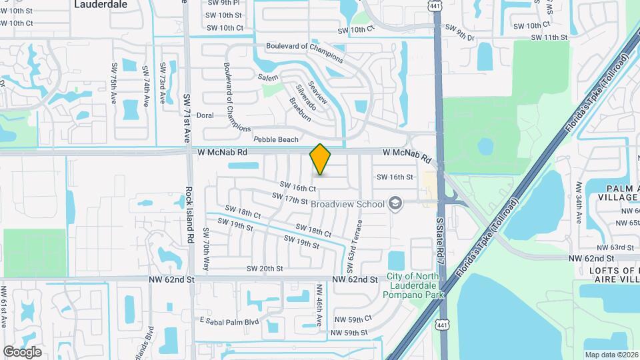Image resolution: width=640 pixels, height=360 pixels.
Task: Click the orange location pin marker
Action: [320, 159]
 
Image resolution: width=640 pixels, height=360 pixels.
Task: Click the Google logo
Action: [22, 351]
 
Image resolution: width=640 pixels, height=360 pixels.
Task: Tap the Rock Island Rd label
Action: [190, 214]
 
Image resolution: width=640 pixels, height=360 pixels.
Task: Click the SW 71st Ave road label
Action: [186, 118]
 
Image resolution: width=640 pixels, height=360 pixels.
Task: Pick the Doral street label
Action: [205, 115]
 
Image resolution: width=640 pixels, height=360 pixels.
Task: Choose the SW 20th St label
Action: [265, 269]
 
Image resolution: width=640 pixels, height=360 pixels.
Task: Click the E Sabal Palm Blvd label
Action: [229, 321]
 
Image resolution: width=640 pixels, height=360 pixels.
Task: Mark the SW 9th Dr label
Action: [459, 33]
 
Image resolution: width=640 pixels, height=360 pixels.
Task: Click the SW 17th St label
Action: [290, 199]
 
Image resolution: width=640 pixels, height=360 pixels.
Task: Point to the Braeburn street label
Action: [300, 109]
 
